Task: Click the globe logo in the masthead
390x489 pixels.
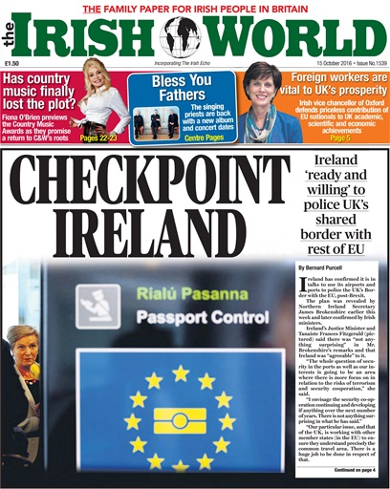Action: point(182,36)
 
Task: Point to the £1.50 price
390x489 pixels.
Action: point(12,65)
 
